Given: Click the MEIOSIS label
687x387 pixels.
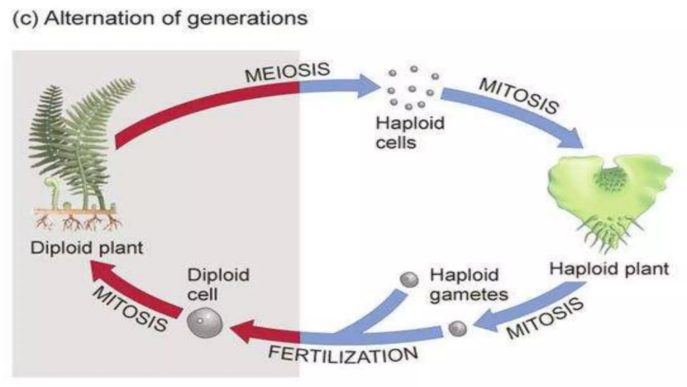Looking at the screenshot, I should pos(287,72).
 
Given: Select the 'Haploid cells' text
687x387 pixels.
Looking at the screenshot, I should pos(410,133).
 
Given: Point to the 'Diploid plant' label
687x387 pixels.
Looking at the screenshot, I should pos(87,248).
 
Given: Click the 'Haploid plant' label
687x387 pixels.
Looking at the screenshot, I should pos(609,269).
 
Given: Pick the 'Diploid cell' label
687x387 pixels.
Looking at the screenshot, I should pos(218,285).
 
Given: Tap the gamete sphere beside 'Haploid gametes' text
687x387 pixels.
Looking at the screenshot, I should pos(409,279).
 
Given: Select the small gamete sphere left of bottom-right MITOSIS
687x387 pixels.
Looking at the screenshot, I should pos(458,328).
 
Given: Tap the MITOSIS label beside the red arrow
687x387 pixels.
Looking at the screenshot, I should pos(130,309).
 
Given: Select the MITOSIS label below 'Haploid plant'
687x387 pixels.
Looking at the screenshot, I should pos(545,318).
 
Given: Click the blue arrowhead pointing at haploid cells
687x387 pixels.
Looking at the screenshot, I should pos(367,86).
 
